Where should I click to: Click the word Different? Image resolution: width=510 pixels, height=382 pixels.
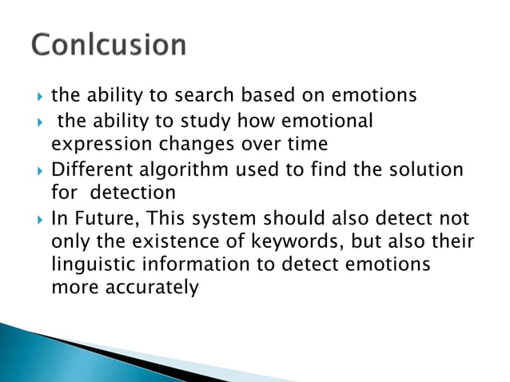coord(91,169)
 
